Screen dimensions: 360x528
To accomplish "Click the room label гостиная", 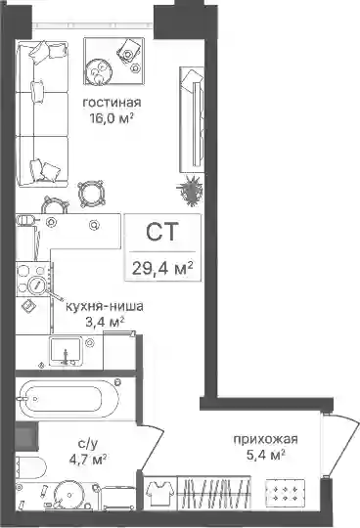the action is click(112, 103).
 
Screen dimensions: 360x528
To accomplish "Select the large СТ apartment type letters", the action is click(162, 232).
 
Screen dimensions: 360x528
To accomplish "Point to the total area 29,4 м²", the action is click(162, 268).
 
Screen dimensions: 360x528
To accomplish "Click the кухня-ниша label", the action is click(105, 307).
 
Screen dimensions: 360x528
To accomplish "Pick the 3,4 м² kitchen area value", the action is click(105, 322).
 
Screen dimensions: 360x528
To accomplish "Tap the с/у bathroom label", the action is click(88, 444).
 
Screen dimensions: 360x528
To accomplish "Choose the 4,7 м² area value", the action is click(88, 460).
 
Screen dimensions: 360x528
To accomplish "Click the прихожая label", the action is click(266, 440).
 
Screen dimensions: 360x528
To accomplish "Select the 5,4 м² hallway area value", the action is click(266, 456).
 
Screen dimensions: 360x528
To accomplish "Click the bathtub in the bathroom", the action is click(67, 399).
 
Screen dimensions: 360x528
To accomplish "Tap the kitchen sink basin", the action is click(66, 351).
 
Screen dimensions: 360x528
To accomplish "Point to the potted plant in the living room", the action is click(190, 191).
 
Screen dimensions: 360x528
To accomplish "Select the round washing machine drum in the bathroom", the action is click(69, 495).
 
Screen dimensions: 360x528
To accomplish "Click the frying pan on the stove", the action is click(37, 286).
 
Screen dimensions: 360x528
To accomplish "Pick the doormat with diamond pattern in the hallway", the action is click(285, 493).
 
